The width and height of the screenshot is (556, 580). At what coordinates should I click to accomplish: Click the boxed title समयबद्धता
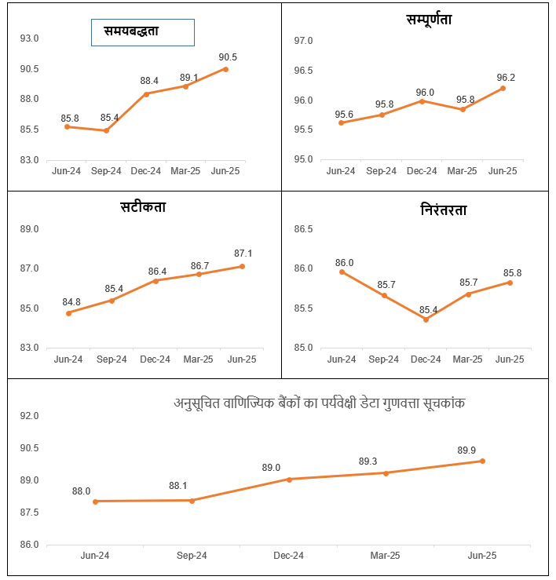pos(142,32)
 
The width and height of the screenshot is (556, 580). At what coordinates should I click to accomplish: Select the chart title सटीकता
pos(143,207)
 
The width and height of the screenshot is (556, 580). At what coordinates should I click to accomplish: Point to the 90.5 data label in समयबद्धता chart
pos(228,57)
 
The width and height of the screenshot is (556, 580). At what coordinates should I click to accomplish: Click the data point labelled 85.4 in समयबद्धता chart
pos(106,130)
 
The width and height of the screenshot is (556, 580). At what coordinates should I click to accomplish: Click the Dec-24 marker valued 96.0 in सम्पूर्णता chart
pos(422,101)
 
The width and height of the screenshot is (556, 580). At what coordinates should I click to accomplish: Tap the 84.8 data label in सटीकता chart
pos(71,301)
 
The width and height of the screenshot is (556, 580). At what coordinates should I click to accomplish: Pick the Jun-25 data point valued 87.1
pos(242,266)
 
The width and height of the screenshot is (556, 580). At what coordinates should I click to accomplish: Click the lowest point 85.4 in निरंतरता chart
pos(426,319)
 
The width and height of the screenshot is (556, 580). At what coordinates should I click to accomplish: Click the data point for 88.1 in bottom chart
pos(192,500)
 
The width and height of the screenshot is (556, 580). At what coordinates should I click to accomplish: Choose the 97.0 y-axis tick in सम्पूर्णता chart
pos(303,41)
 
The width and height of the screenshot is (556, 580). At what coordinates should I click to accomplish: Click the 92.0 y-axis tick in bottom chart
pos(30,416)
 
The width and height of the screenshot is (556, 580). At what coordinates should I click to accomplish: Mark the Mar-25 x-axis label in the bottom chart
pos(385,556)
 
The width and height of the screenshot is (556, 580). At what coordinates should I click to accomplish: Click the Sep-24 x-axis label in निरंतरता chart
pos(383,359)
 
